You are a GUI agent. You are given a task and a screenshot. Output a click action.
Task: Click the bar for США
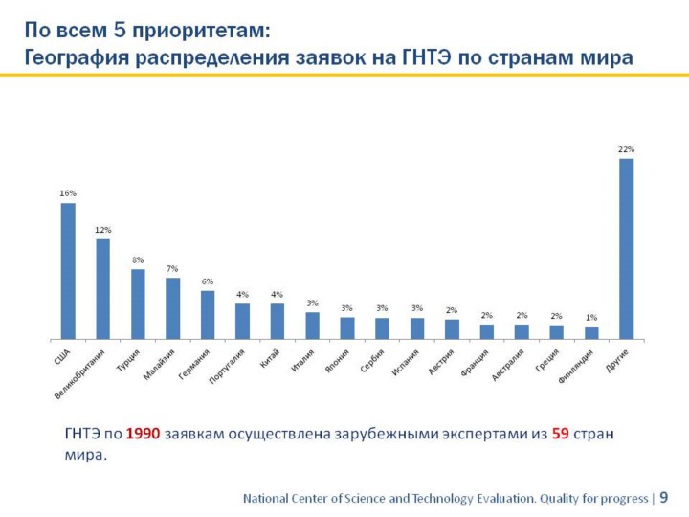point(68,271)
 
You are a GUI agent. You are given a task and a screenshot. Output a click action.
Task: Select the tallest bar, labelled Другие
point(626,249)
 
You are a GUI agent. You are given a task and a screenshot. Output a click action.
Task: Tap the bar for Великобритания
point(102,289)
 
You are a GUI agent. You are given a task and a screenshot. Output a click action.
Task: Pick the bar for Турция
point(138,303)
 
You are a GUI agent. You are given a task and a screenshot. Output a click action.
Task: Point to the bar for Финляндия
point(591,333)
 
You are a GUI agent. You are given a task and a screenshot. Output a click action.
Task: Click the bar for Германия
point(208,314)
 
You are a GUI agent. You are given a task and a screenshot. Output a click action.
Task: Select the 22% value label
point(626,149)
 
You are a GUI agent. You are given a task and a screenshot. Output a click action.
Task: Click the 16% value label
point(68,193)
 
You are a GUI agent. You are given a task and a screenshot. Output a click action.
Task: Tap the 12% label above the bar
point(102,230)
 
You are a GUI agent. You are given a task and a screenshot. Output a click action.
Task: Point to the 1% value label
point(591,317)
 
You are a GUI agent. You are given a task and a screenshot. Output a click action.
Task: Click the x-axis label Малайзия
point(159,365)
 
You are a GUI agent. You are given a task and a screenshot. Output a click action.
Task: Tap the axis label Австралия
point(507,366)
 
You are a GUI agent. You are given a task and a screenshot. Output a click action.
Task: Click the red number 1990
point(143,434)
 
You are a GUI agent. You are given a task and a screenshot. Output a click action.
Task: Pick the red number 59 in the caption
point(561,434)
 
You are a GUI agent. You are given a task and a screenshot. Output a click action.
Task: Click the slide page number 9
point(664,498)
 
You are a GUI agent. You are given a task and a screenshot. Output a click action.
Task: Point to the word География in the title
point(76,57)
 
